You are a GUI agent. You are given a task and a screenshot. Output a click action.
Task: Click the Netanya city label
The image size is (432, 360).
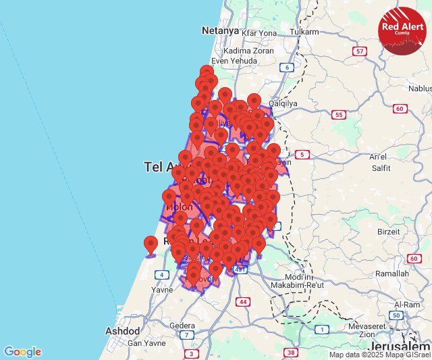click(220, 30)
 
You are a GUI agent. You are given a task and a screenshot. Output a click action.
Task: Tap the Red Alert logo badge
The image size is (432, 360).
click(402, 30)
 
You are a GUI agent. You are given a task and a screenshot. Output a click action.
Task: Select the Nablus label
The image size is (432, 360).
click(420, 88)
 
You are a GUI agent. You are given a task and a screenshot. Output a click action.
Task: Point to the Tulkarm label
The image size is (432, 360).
click(304, 32)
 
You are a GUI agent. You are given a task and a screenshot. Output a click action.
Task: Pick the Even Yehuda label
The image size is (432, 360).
click(235, 60)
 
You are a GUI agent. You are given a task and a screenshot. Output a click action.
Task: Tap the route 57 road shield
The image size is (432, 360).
click(360, 51)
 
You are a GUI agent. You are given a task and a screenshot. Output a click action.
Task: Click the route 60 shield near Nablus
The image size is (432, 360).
click(400, 109)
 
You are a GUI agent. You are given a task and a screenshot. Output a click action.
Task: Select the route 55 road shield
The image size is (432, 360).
click(337, 115)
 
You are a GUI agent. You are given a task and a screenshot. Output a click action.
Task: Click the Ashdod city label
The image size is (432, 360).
click(122, 331)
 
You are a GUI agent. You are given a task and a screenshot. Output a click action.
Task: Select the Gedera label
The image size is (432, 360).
click(182, 325)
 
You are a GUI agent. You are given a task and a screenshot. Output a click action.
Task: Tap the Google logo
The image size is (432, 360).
click(22, 352)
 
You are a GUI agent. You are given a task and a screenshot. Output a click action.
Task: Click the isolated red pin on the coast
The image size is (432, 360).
click(151, 245)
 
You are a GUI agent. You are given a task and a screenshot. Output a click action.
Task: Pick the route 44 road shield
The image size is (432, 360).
click(242, 301)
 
